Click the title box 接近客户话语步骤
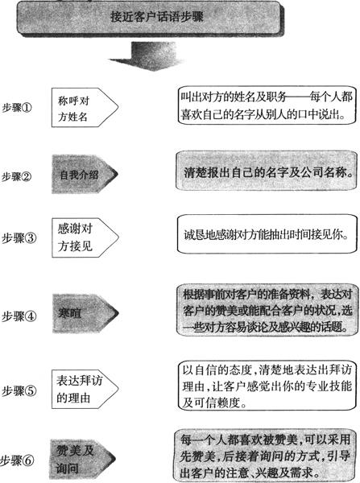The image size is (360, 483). pyautogui.click(x=151, y=18)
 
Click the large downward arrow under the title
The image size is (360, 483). pyautogui.click(x=147, y=56)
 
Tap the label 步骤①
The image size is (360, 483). pyautogui.click(x=17, y=108)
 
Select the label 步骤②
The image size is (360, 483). pyautogui.click(x=17, y=176)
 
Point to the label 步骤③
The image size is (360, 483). pyautogui.click(x=19, y=238)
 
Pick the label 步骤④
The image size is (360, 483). pyautogui.click(x=19, y=316)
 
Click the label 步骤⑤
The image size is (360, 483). pyautogui.click(x=19, y=391)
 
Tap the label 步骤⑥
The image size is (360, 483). pyautogui.click(x=17, y=460)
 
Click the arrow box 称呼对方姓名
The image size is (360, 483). pyautogui.click(x=85, y=108)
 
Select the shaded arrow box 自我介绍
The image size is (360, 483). pyautogui.click(x=85, y=175)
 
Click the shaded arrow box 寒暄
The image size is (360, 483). pyautogui.click(x=85, y=313)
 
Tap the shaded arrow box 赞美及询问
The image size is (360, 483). pyautogui.click(x=83, y=460)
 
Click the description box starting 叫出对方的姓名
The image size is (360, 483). pyautogui.click(x=267, y=105)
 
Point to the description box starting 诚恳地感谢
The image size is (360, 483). pyautogui.click(x=267, y=234)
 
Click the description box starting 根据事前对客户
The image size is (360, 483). pyautogui.click(x=265, y=310)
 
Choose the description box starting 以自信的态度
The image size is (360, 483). pyautogui.click(x=267, y=386)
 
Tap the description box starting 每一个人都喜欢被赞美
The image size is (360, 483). pyautogui.click(x=264, y=456)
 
